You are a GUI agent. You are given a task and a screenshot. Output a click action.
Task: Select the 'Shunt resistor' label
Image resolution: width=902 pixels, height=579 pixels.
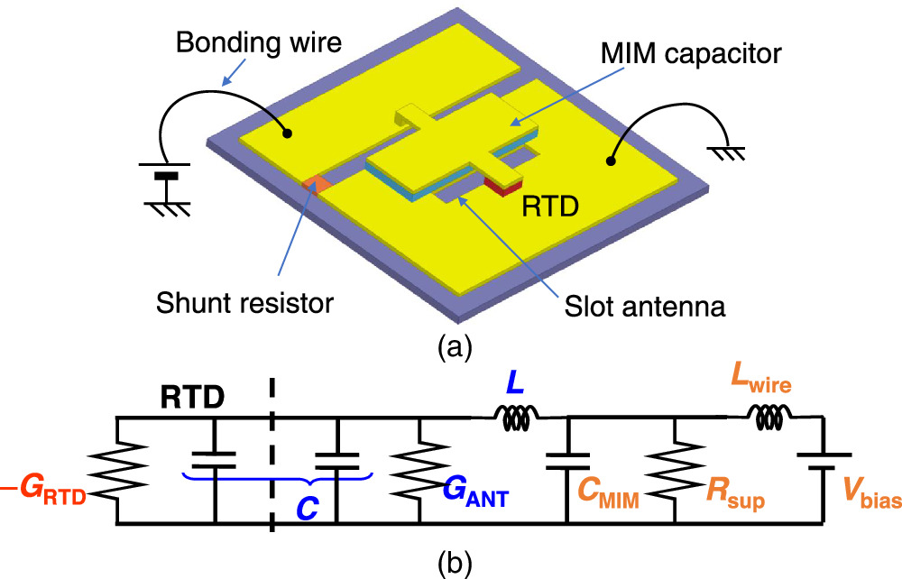[248, 301]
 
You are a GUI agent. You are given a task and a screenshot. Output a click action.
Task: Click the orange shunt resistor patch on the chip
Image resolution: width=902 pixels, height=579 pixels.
[315, 184]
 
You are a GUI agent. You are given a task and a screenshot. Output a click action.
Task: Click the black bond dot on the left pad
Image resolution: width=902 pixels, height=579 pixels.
[286, 133]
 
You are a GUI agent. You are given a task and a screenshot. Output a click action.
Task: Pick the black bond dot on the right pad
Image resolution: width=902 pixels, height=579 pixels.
[611, 161]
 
